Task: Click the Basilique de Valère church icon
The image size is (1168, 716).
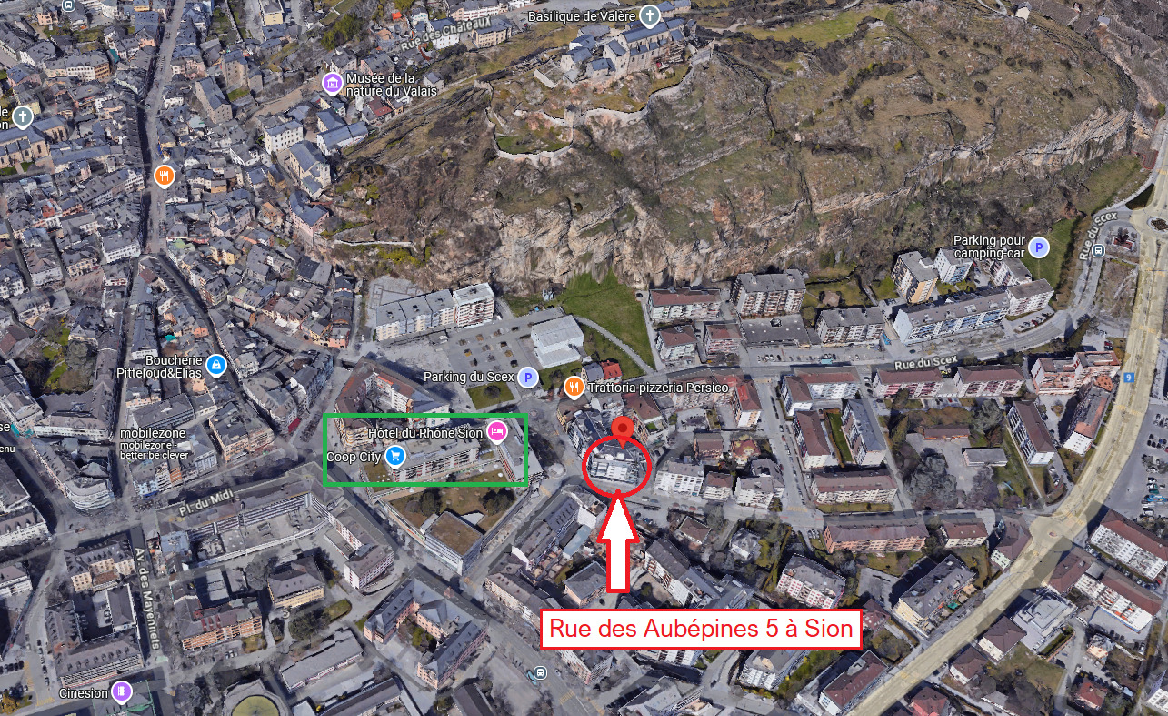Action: pos(649,15)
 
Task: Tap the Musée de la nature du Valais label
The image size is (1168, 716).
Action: pos(392,85)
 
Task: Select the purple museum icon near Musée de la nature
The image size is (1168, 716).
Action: pos(333,85)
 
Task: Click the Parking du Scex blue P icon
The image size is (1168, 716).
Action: pos(528,378)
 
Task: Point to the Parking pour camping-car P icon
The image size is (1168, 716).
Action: pos(1038,247)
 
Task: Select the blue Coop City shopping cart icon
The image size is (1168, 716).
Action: pos(394,456)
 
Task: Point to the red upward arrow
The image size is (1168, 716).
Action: pos(616,546)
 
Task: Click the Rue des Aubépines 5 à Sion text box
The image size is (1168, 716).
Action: pos(701,628)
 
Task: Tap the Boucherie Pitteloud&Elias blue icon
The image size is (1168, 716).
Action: pos(215,366)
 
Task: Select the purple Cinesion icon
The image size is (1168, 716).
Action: pos(121,692)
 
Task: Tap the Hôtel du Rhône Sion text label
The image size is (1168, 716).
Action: pos(425,432)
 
